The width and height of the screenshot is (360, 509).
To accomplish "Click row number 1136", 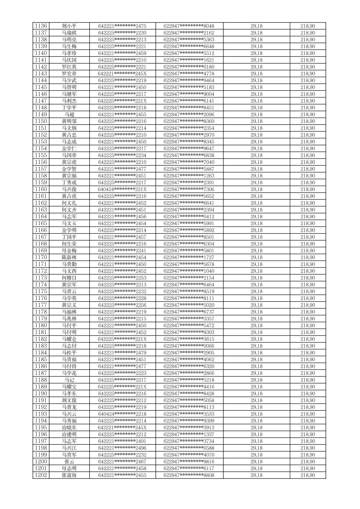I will click(41, 26).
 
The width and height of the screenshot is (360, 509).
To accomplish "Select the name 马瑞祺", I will click(69, 33).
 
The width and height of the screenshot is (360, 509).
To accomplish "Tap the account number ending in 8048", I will click(189, 26).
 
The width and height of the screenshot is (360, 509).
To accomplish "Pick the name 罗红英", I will click(69, 67).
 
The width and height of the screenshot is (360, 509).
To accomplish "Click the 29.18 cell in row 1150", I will click(256, 121).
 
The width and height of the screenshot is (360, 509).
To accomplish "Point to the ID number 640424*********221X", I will click(122, 189).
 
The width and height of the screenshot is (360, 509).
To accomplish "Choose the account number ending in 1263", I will click(189, 176).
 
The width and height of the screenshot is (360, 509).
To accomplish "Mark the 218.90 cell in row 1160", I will click(307, 189).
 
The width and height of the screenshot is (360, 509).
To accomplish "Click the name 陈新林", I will click(69, 257).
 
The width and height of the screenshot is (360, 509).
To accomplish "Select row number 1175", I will click(41, 292).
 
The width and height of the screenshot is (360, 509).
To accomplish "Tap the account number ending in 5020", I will click(189, 305).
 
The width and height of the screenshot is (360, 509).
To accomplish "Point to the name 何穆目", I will click(69, 278).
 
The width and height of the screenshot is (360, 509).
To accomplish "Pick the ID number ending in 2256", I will click(122, 305).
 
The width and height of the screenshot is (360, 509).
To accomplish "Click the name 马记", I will click(69, 380).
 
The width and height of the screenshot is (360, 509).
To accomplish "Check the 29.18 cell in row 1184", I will click(256, 353).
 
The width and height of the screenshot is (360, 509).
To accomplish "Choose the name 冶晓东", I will click(69, 428).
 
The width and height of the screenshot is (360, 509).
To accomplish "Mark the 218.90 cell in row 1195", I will click(307, 428).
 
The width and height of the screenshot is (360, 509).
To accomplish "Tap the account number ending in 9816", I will click(189, 461).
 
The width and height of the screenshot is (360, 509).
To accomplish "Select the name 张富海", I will click(69, 475).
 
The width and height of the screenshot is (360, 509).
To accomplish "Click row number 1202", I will click(41, 475).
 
